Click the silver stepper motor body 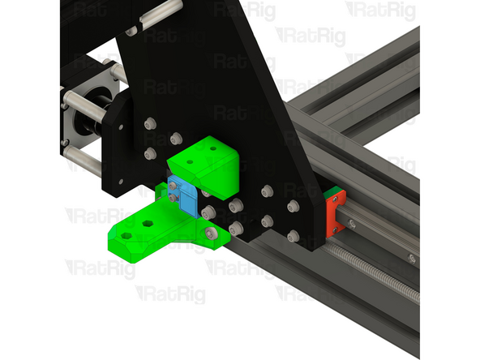pyautogui.click(x=77, y=122)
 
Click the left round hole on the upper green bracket pyautogui.click(x=190, y=161)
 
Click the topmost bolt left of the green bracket pyautogui.click(x=149, y=124)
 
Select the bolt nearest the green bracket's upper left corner pyautogui.click(x=176, y=138)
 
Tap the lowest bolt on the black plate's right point pyautogui.click(x=293, y=236)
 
